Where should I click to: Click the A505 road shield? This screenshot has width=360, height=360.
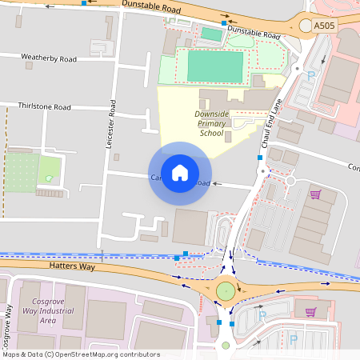[x=324, y=26]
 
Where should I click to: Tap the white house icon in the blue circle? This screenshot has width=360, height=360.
[x=180, y=173]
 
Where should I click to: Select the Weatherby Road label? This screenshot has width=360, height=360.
[x=49, y=58]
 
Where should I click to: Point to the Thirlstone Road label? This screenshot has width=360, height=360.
[x=46, y=106]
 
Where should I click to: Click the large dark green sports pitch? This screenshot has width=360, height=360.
[x=214, y=66]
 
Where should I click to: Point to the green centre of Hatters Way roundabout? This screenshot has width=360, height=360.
[x=226, y=290]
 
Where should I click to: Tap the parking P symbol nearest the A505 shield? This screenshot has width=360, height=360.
[x=312, y=74]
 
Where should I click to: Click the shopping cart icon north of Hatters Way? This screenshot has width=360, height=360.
[x=315, y=194]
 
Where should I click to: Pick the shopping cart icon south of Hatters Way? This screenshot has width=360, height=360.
[x=311, y=311]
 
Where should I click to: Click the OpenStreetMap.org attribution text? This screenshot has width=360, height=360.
[x=105, y=354]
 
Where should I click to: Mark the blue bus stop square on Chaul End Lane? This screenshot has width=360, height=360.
[x=260, y=158]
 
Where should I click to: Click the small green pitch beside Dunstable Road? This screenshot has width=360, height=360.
[x=210, y=34]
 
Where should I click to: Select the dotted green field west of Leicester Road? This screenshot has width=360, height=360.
[x=22, y=172]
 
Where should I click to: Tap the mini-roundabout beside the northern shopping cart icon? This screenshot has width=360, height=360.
[x=290, y=182]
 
